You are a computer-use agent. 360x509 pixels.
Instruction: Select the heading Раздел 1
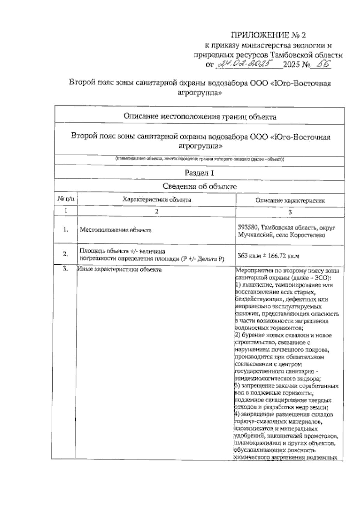(x=199, y=173)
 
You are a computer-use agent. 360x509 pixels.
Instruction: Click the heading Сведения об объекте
(x=199, y=186)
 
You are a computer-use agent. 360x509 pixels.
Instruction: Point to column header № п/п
(x=65, y=199)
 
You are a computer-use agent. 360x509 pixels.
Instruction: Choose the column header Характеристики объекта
(x=157, y=200)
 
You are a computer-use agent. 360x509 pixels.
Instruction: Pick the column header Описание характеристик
(x=290, y=201)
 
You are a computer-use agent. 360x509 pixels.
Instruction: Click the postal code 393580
(x=247, y=228)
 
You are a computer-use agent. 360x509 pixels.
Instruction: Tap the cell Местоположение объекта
(x=115, y=230)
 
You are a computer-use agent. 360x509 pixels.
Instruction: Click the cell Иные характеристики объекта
(x=119, y=269)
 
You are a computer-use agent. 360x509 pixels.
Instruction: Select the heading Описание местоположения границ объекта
(x=200, y=117)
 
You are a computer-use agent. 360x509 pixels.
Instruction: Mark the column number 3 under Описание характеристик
(x=290, y=212)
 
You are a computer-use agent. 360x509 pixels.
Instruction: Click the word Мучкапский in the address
(x=254, y=235)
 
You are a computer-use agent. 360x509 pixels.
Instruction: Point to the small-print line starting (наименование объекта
(x=200, y=159)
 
